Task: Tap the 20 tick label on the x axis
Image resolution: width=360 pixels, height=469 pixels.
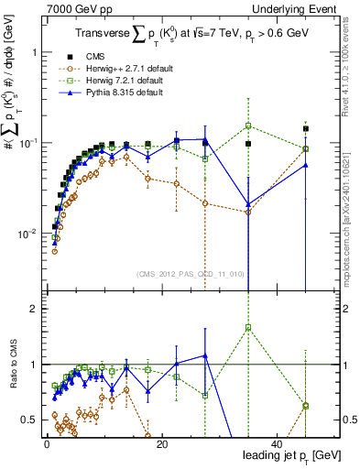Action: pyautogui.click(x=161, y=442)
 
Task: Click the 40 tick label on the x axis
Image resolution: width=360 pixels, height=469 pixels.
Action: pyautogui.click(x=276, y=442)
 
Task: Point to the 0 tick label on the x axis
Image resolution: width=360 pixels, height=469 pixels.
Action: pyautogui.click(x=46, y=442)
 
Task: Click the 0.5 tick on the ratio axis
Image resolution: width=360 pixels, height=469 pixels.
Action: pyautogui.click(x=32, y=420)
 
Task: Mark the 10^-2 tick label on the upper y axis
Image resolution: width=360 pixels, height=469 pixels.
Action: pyautogui.click(x=27, y=234)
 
